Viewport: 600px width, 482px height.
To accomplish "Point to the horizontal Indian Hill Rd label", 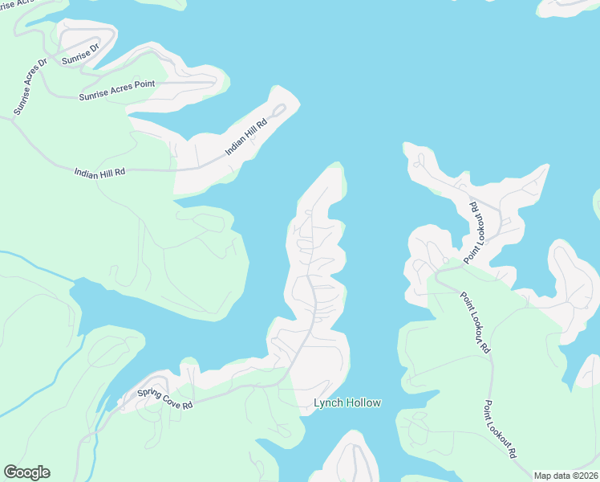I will click(x=99, y=172).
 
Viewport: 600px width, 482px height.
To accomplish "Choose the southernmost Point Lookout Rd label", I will click(x=500, y=430).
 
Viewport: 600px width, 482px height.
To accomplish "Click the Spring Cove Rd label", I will click(x=164, y=398).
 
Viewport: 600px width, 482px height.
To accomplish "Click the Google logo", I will click(x=26, y=472).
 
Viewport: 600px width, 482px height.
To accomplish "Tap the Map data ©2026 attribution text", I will click(x=566, y=476).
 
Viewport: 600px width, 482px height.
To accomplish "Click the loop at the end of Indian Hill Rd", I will click(x=278, y=111).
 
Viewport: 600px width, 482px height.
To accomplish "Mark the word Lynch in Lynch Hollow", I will click(x=326, y=403).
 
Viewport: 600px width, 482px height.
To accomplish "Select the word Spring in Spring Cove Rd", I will click(x=148, y=393).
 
